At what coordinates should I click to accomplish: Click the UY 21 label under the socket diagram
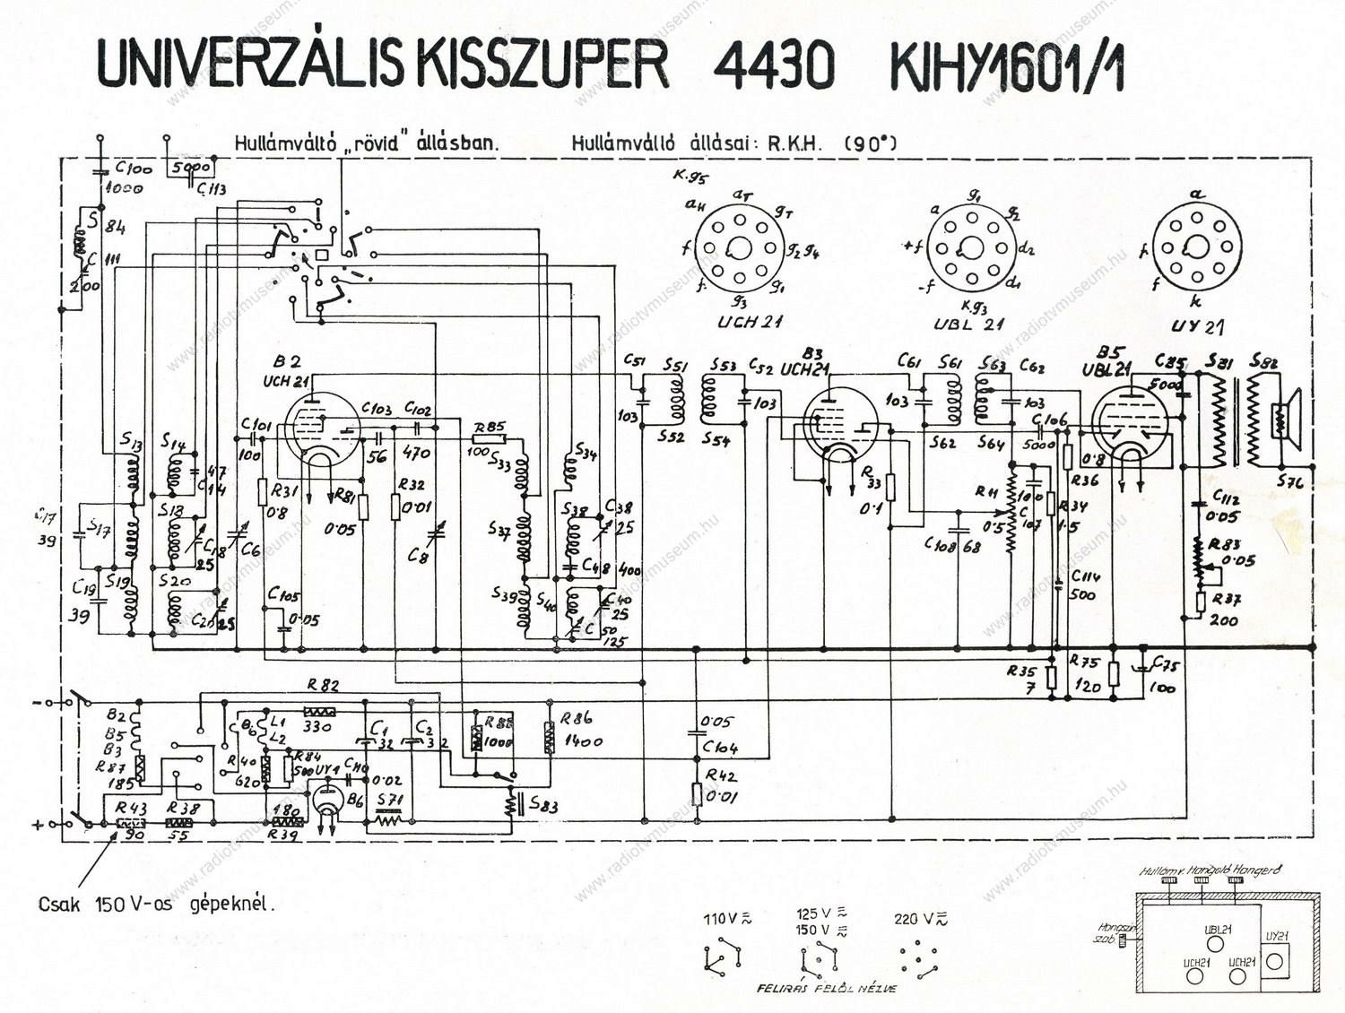tap(1197, 326)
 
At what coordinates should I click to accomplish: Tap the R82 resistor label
tap(323, 686)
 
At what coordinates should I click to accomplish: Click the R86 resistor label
tap(577, 717)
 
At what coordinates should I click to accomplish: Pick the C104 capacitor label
tap(720, 747)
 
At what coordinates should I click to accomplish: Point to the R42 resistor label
tap(721, 775)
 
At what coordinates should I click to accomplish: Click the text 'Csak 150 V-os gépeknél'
tap(156, 904)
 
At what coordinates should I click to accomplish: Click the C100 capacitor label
tap(134, 168)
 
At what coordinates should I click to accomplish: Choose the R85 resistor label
tap(490, 426)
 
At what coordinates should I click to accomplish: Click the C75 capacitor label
tap(1167, 663)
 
